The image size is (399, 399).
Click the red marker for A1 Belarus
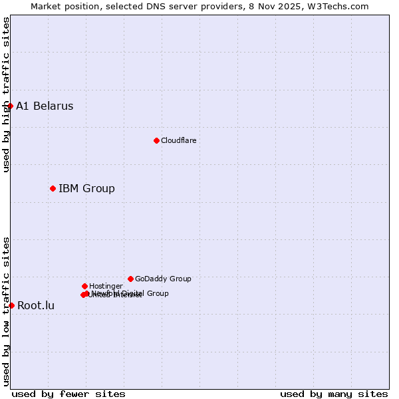coord(10,106)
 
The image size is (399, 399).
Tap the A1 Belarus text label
coord(45,106)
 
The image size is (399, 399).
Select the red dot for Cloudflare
coord(156,140)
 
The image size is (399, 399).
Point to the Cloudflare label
coord(178,140)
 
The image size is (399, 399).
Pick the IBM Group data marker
coord(53,188)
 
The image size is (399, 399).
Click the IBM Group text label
coord(86,188)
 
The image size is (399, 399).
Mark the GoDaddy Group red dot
coord(130,279)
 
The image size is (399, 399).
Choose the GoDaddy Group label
coord(163,279)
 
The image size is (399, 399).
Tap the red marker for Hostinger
coord(84,286)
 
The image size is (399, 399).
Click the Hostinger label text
coord(106,286)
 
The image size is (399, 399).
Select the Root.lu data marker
coord(11,305)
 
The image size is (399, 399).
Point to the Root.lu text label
coord(36,305)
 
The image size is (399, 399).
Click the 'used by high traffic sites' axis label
coord(6,94)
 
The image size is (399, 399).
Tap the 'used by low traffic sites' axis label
coord(6,311)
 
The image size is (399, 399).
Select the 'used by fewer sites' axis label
coord(68,394)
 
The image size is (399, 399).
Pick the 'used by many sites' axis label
coord(334,394)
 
